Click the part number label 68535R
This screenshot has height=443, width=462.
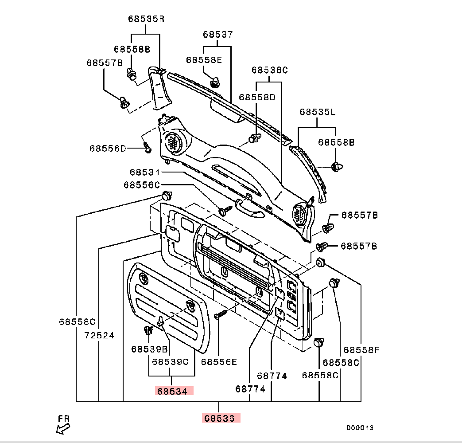[x=146, y=19]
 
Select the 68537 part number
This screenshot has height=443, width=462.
[x=218, y=34]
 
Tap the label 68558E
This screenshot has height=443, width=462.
[x=204, y=60]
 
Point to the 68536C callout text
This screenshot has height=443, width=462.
[x=270, y=70]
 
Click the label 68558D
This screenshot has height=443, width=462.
[x=257, y=97]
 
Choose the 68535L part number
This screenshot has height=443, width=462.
[x=317, y=112]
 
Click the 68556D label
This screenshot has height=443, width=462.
[x=108, y=148]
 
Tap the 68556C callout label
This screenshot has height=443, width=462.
[x=142, y=184]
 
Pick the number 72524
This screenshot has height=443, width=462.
[x=99, y=336]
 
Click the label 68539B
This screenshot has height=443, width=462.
[x=149, y=349]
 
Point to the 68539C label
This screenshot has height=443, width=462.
[x=171, y=362]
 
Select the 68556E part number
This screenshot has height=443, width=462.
[x=219, y=362]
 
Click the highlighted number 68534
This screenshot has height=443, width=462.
[x=175, y=391]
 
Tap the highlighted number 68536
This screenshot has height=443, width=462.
[x=221, y=418]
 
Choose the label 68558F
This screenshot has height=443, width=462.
[x=362, y=350]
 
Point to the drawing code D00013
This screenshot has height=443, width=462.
[x=360, y=428]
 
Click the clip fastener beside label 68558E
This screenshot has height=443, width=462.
[x=215, y=81]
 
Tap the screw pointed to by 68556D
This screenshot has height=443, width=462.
[x=147, y=148]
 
